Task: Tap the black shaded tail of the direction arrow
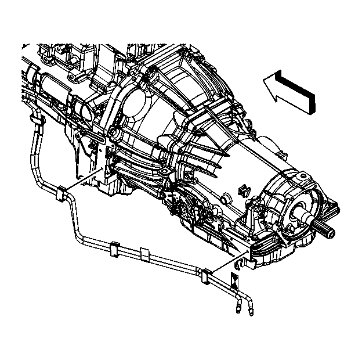pyautogui.click(x=312, y=103)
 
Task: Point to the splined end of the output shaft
pyautogui.click(x=328, y=232)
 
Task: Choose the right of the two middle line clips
pyautogui.click(x=144, y=254)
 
